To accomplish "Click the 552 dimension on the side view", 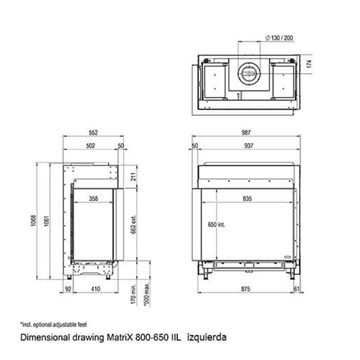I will point(93,131).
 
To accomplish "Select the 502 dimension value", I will point(90,144).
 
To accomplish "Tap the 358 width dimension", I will point(93,198).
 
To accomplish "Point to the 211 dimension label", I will point(134,177).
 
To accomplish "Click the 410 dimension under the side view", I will point(96,287).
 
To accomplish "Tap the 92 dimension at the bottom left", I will point(67,287).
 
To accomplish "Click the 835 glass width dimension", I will point(247,198).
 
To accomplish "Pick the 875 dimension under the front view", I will point(245,287).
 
